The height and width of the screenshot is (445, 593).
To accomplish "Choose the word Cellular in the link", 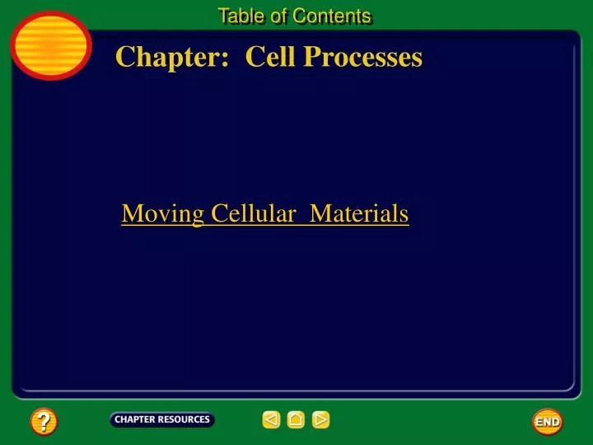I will (x=254, y=214).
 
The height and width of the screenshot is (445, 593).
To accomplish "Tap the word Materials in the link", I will (x=359, y=214).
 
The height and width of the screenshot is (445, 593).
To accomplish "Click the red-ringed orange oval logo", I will (x=51, y=45).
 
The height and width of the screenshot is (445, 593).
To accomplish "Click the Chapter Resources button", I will (x=162, y=419).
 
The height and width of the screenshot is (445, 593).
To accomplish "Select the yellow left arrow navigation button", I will (x=271, y=420).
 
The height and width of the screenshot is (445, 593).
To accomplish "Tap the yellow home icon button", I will (x=296, y=420).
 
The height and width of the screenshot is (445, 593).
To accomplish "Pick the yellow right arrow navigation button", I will (x=321, y=420).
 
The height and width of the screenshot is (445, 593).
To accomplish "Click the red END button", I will (x=548, y=421).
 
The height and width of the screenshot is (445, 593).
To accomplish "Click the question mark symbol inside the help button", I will (x=44, y=422).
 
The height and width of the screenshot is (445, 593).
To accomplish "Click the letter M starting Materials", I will (x=320, y=214).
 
